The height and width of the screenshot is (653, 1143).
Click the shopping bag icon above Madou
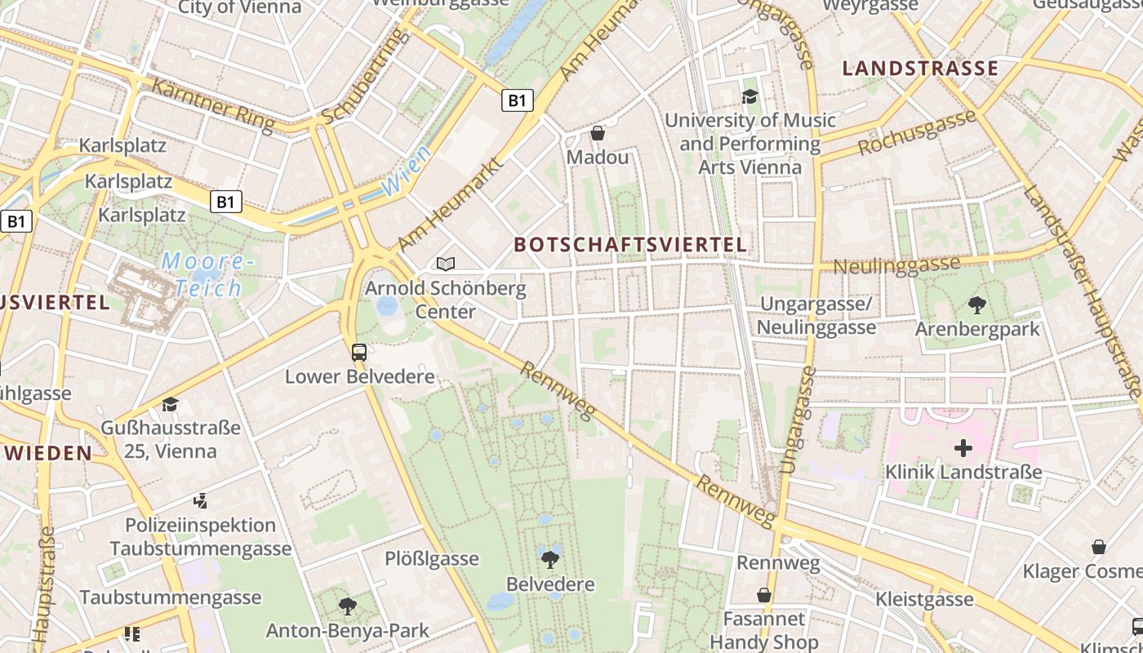pos(598,133)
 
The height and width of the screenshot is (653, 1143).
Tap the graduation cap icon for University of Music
pos(749,97)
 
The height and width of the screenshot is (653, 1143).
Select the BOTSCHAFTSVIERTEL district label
pos(630,244)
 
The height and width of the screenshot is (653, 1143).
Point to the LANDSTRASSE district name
pos(920,69)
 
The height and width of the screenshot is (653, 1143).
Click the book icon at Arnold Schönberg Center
pos(445,264)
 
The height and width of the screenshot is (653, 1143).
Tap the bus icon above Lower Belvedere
pos(359,353)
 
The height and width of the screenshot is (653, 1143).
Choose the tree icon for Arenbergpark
pos(976,306)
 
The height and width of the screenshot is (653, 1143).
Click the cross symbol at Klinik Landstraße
pos(963,448)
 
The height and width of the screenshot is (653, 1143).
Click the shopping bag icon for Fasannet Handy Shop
pos(764,595)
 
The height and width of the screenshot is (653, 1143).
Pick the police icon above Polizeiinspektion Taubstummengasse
pos(200,500)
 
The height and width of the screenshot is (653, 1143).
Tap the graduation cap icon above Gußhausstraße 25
pos(170,404)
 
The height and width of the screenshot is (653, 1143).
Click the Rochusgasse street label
pos(917,132)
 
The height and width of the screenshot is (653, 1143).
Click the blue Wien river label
pos(406,171)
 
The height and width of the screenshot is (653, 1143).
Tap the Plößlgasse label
pos(432,559)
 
